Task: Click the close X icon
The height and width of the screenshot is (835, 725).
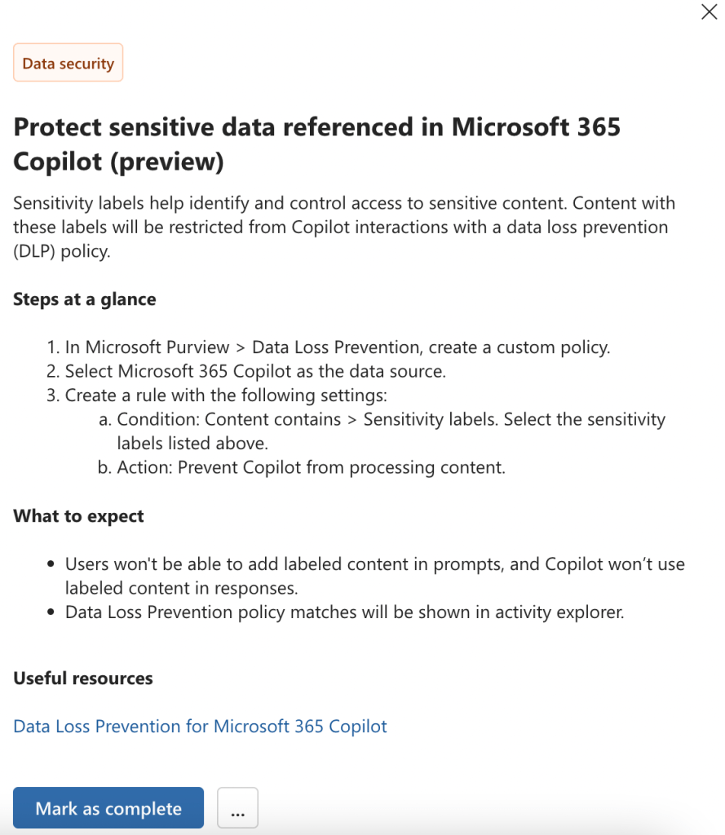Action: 709,12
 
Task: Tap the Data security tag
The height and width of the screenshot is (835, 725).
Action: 69,63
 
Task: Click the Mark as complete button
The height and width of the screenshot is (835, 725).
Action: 108,808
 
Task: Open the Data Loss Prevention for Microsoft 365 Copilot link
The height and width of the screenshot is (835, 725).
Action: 200,726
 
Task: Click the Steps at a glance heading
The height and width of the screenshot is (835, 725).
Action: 84,299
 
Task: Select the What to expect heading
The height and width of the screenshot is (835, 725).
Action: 78,516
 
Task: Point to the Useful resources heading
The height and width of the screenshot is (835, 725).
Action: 83,678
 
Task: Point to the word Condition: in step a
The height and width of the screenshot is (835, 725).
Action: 158,419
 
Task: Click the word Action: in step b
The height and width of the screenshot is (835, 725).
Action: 144,468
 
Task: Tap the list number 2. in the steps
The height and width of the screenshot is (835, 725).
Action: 53,372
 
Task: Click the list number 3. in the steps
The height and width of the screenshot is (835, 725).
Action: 53,395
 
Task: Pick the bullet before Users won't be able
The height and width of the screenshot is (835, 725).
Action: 51,564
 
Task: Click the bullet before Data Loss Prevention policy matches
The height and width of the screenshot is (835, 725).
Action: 51,612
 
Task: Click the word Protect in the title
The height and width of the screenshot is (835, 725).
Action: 56,127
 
